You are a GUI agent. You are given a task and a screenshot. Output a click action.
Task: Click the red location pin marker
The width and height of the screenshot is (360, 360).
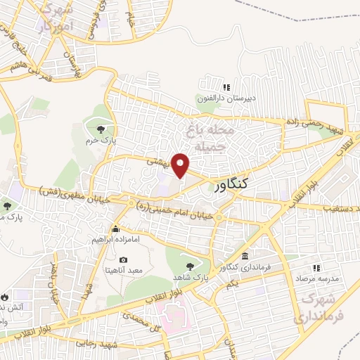[181, 165]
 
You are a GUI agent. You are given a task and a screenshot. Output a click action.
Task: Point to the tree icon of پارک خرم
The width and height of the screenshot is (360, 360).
[101, 129]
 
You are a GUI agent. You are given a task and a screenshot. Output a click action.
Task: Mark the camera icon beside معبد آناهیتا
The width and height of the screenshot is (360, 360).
[124, 260]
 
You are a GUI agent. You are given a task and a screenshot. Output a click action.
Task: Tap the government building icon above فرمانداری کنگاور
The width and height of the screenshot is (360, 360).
[244, 256]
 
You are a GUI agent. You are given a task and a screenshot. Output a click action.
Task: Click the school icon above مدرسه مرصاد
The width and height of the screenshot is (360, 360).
[316, 267]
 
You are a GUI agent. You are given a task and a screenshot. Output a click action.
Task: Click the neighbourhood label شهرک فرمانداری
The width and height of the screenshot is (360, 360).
[319, 307]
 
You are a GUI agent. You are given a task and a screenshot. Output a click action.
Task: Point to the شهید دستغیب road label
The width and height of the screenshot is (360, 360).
[333, 208]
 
